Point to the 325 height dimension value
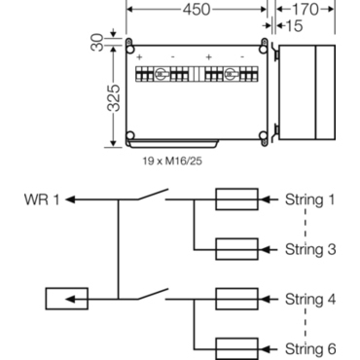pos(114,98)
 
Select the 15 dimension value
pos(291,28)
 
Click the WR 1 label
pos(43,200)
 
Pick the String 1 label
pos(309,200)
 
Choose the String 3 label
pos(309,249)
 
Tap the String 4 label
pos(309,298)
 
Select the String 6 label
pos(309,347)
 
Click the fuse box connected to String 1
pos(235,200)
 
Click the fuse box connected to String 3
pos(235,249)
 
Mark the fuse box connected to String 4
pos(235,298)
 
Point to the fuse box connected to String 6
pos(235,347)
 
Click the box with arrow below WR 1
pos(67,298)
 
